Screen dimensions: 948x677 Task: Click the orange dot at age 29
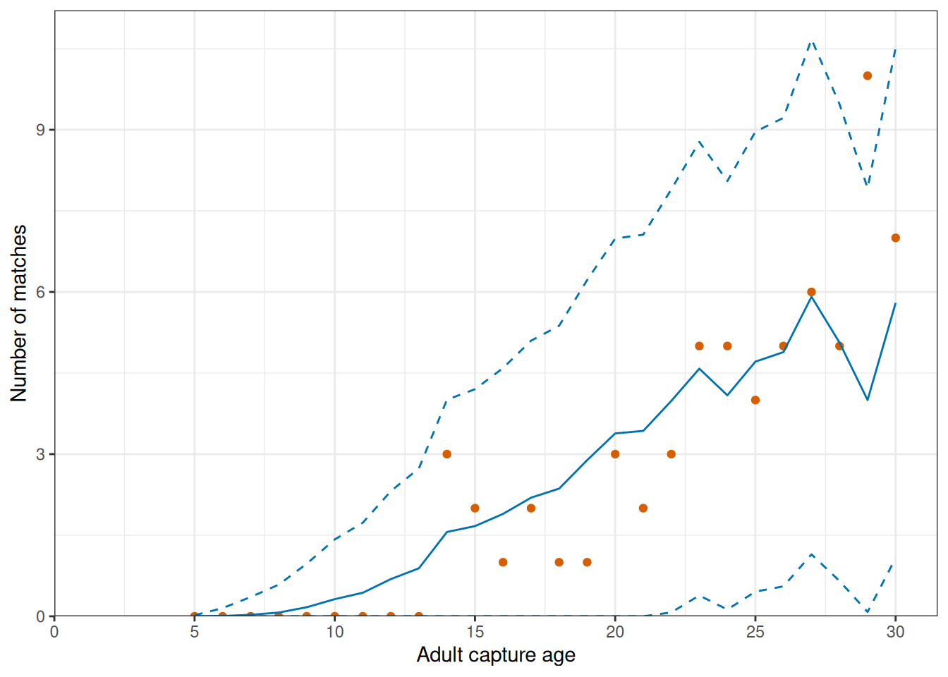click(868, 75)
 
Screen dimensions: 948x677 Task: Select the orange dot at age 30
click(896, 238)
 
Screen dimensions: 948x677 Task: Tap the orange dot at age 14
click(447, 454)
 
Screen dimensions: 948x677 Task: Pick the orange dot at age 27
click(811, 292)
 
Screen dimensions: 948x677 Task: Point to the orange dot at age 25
click(755, 401)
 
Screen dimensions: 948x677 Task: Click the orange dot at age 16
click(503, 562)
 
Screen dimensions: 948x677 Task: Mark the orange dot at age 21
click(643, 508)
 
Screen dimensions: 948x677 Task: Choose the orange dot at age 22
click(671, 454)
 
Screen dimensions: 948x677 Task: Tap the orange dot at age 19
click(587, 562)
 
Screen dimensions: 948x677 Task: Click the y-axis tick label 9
click(41, 130)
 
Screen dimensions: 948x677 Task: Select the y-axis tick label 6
click(41, 293)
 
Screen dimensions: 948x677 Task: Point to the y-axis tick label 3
click(41, 455)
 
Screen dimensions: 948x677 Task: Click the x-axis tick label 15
click(475, 632)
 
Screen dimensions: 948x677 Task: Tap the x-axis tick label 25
click(755, 632)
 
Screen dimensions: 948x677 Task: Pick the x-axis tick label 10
click(335, 632)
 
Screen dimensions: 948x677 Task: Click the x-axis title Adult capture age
click(496, 655)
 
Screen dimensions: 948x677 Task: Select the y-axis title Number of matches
click(18, 313)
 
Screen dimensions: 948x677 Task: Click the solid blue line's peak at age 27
click(811, 296)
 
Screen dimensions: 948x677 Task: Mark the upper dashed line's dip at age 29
click(868, 185)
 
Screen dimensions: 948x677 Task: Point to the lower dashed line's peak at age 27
click(811, 555)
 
